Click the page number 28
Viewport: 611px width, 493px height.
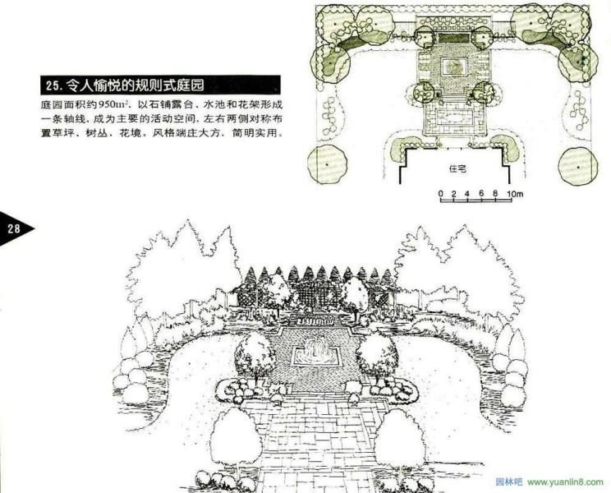(x=14, y=228)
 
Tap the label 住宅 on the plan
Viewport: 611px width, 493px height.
(x=457, y=169)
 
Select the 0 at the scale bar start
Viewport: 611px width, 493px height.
(x=441, y=193)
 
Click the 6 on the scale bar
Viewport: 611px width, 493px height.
(x=481, y=193)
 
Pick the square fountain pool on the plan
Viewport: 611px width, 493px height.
(x=453, y=66)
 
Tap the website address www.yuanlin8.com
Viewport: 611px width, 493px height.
(x=566, y=482)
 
